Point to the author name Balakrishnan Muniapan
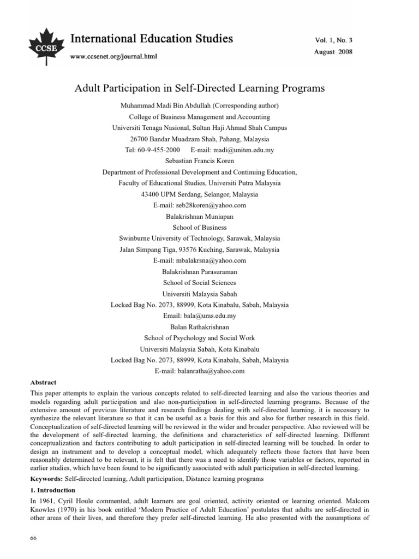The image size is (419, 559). (199, 216)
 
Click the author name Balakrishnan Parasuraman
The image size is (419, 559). (199, 271)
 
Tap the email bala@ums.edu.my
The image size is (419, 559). (209, 316)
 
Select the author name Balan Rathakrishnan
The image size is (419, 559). (199, 326)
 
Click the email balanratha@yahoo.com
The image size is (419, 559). (211, 371)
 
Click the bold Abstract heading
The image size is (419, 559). (43, 383)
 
